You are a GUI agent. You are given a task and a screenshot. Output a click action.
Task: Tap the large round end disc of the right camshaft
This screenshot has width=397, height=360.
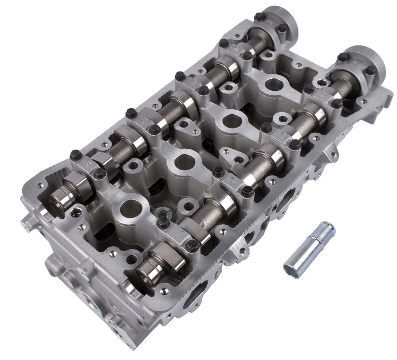[365, 63]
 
